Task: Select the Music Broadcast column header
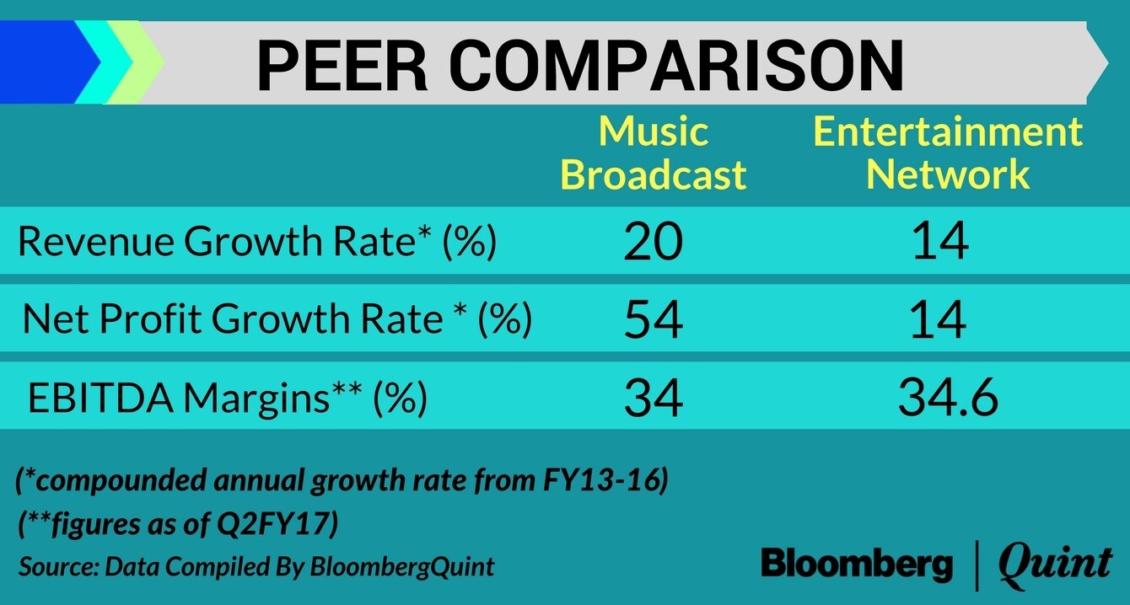pos(654,153)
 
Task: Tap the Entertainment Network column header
pos(948,153)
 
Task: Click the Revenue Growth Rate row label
pos(257,243)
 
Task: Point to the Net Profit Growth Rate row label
pos(277,320)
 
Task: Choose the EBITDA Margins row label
pos(228,399)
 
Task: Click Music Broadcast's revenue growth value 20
pos(654,243)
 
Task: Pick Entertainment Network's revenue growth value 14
pos(940,243)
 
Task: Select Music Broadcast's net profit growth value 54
pos(654,320)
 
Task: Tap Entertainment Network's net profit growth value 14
pos(940,320)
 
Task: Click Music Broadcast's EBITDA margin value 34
pos(654,399)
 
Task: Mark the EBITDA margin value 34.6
pos(948,399)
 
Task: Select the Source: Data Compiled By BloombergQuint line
pos(256,566)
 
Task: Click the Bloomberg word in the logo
pos(857,564)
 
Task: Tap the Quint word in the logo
pos(1055,564)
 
